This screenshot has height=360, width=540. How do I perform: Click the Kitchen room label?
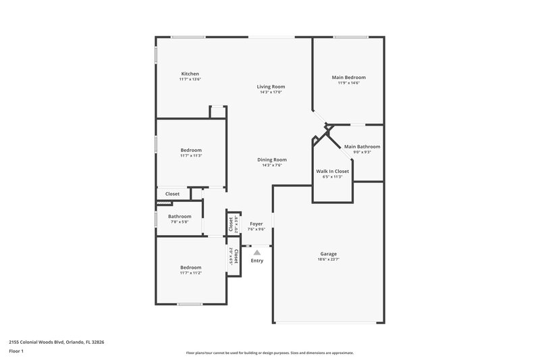pyautogui.click(x=190, y=74)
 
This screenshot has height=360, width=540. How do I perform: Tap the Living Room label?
pyautogui.click(x=270, y=86)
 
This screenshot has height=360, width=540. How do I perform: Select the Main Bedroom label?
pyautogui.click(x=348, y=78)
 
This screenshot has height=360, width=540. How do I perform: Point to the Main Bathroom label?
pyautogui.click(x=362, y=147)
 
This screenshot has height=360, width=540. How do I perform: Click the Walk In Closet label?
pyautogui.click(x=332, y=172)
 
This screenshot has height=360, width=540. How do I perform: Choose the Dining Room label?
pyautogui.click(x=271, y=160)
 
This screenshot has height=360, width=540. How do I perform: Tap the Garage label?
pyautogui.click(x=328, y=254)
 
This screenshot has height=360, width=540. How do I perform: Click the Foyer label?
pyautogui.click(x=256, y=224)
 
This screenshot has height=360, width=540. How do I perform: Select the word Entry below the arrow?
pyautogui.click(x=257, y=261)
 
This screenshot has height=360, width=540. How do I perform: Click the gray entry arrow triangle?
pyautogui.click(x=256, y=253)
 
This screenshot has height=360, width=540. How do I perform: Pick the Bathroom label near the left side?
pyautogui.click(x=180, y=216)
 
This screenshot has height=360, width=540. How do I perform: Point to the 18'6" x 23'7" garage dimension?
pyautogui.click(x=328, y=259)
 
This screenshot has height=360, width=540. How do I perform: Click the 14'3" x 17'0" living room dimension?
pyautogui.click(x=270, y=92)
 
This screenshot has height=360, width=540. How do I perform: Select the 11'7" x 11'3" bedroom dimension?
pyautogui.click(x=190, y=155)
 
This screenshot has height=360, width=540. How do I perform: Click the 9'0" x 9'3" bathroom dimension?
pyautogui.click(x=362, y=152)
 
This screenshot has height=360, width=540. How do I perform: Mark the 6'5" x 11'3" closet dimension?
pyautogui.click(x=332, y=177)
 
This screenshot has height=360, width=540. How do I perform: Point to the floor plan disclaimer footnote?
pyautogui.click(x=269, y=353)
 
